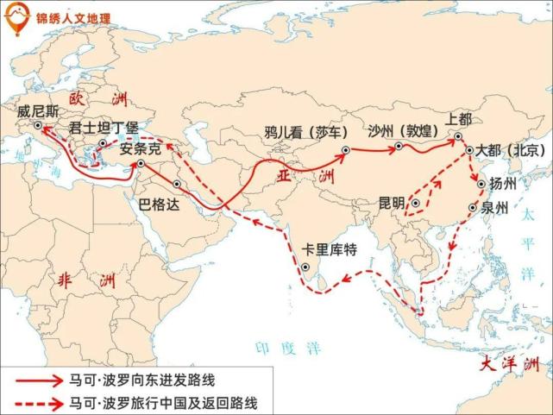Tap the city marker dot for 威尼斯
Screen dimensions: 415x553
click(x=37, y=125)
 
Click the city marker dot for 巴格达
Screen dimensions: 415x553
click(x=177, y=183)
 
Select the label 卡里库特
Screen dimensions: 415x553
click(x=329, y=250)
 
